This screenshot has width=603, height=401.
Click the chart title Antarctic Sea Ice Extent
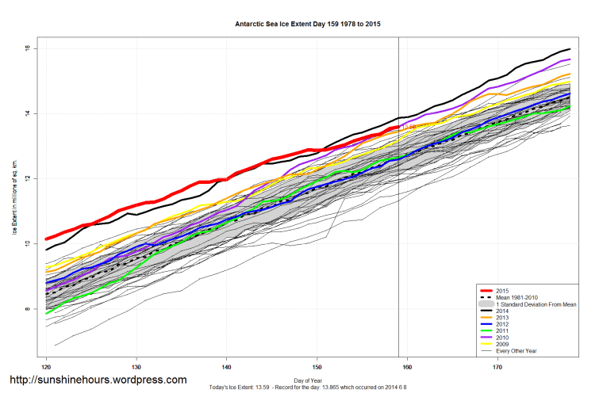(308, 25)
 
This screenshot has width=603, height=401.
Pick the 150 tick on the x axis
(317, 367)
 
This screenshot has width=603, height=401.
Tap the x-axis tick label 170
(497, 367)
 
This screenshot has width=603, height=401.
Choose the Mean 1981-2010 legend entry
(515, 297)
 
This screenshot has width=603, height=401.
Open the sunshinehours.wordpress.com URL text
(98, 380)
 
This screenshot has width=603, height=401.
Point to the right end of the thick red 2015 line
(397, 126)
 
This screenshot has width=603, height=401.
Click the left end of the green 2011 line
(47, 314)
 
